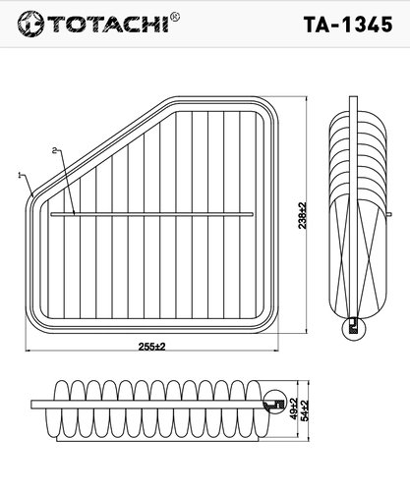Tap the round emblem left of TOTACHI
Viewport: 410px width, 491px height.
[30, 24]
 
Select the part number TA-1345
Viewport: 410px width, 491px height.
[348, 25]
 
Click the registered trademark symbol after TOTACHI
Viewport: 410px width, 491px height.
[175, 17]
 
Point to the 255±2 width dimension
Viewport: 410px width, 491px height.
[151, 347]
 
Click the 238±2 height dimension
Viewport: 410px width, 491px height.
[302, 215]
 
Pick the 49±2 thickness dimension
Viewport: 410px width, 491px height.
[293, 409]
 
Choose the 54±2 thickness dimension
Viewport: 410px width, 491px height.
[305, 410]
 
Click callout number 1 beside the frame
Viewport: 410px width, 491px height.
[20, 176]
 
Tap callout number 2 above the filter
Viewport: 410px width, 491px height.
[54, 150]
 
